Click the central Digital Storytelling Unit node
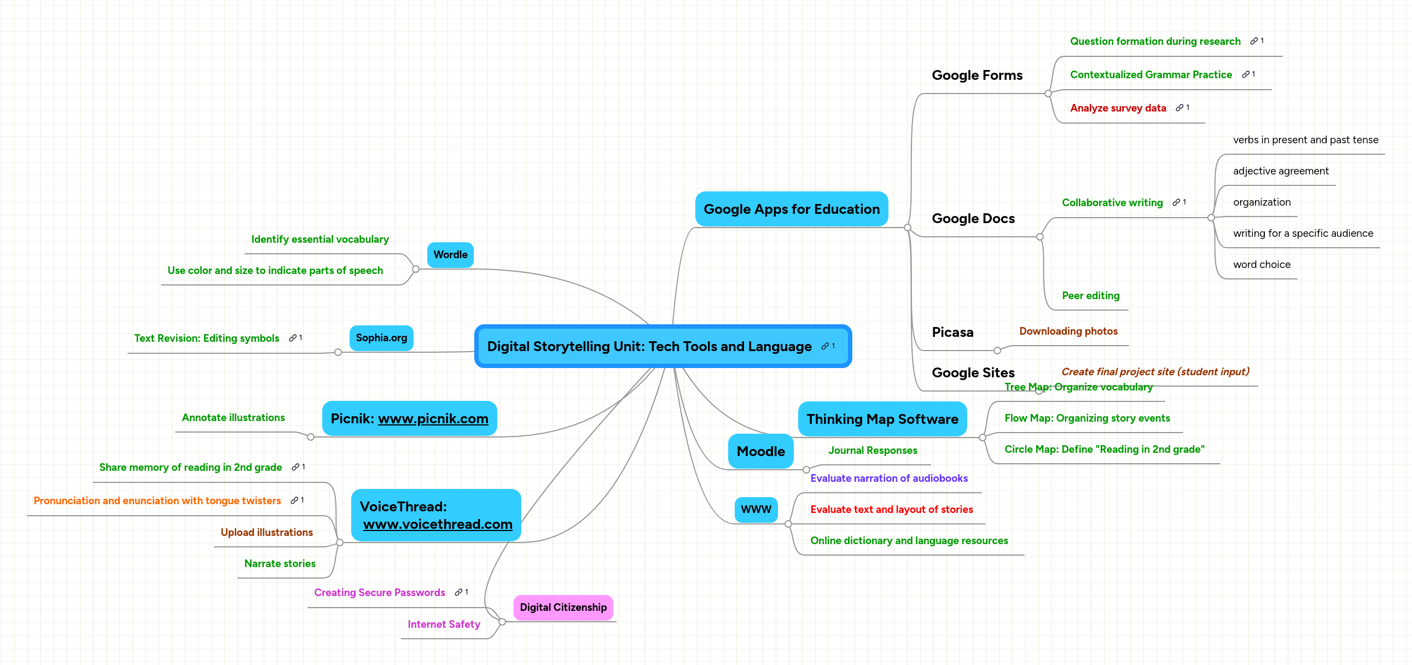(x=649, y=346)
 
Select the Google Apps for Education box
(x=791, y=209)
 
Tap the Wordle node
(x=450, y=255)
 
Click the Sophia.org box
(x=381, y=338)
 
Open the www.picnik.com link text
(x=433, y=418)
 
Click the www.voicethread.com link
(x=438, y=524)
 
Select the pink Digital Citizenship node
(x=563, y=608)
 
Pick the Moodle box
(x=760, y=451)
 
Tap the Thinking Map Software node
(x=882, y=419)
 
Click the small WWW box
(x=756, y=510)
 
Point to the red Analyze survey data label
(x=1118, y=108)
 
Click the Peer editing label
(x=1090, y=296)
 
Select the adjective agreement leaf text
(x=1281, y=171)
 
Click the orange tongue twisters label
(x=157, y=501)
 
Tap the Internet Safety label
(x=444, y=624)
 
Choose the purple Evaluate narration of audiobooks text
(x=888, y=478)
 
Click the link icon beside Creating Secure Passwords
(x=458, y=592)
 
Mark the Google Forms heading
(x=977, y=75)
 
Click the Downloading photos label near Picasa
(x=1068, y=331)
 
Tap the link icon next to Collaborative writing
(x=1176, y=203)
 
